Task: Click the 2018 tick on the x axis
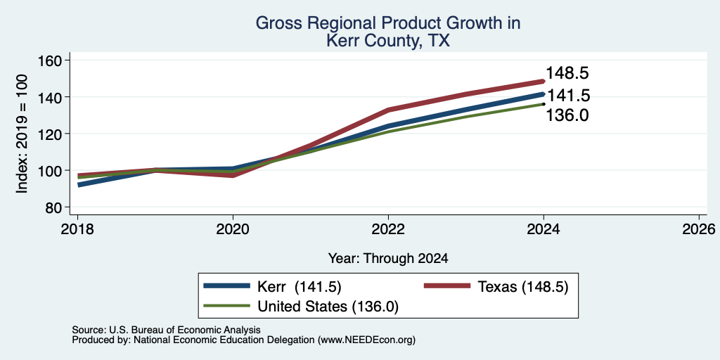[x=77, y=229]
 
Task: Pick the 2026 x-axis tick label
[x=700, y=229]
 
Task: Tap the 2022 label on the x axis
[x=388, y=229]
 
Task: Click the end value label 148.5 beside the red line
[x=567, y=73]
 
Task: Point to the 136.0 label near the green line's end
[x=567, y=115]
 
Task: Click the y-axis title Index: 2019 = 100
[x=22, y=134]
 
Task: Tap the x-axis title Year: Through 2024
[x=388, y=259]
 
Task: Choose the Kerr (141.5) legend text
[x=300, y=287]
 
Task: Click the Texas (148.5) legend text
[x=523, y=287]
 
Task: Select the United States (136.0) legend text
[x=328, y=307]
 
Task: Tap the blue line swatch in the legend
[x=227, y=286]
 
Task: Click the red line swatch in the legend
[x=446, y=286]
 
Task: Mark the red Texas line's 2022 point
[x=388, y=110]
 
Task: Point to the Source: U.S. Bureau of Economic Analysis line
[x=166, y=330]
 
